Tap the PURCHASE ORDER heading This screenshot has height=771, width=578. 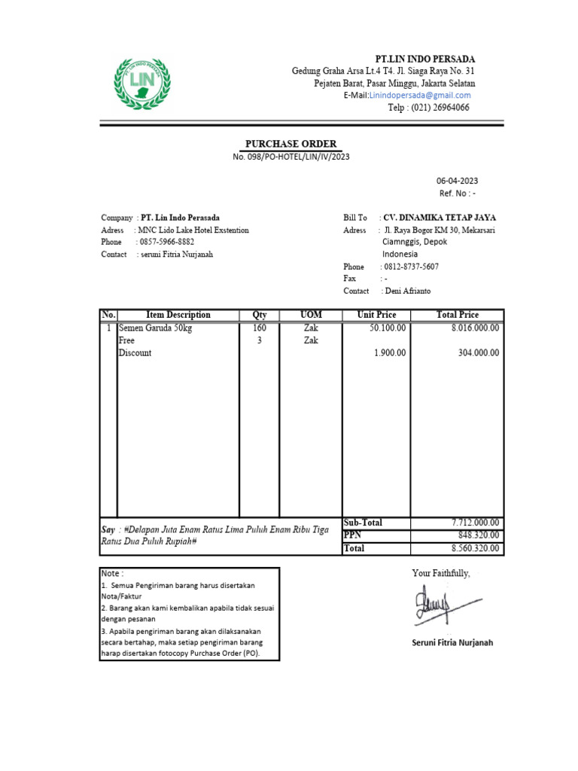coord(291,144)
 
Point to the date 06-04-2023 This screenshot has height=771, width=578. coord(457,181)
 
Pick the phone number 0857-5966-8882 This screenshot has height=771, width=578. coord(166,242)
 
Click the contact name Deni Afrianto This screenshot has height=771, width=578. coord(407,291)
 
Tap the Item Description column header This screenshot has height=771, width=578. coord(178,315)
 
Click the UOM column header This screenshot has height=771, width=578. coord(311,315)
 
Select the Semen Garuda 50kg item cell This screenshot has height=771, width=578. coord(155,328)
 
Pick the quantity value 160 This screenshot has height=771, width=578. coord(259,328)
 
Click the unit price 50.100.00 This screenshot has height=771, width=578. coord(388,328)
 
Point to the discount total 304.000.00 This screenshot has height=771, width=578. coord(479,353)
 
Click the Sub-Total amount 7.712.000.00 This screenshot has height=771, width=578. coord(475,523)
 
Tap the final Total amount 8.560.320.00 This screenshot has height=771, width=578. coord(475,548)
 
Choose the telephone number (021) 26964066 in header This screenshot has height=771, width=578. coord(428,108)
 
